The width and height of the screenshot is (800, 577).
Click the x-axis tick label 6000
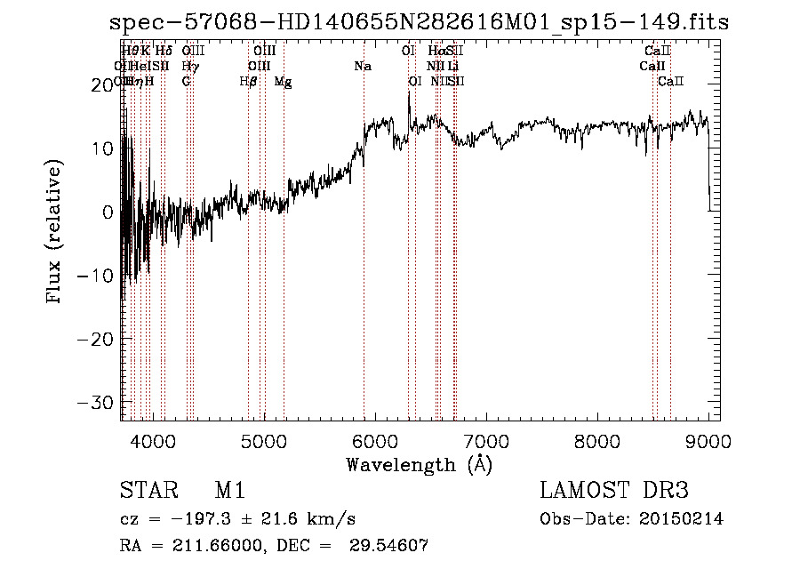(374, 442)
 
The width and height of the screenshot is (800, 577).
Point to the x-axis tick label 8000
(596, 442)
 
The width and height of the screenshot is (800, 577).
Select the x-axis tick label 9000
(708, 442)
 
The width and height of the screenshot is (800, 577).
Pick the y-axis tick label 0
(108, 212)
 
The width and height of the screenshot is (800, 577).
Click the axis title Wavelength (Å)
(419, 464)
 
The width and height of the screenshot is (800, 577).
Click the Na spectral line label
(363, 67)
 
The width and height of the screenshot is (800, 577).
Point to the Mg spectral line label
(283, 82)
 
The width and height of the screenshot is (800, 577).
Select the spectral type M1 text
(229, 491)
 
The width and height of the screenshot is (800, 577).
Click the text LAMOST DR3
(614, 491)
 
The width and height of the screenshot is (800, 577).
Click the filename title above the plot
(419, 22)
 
